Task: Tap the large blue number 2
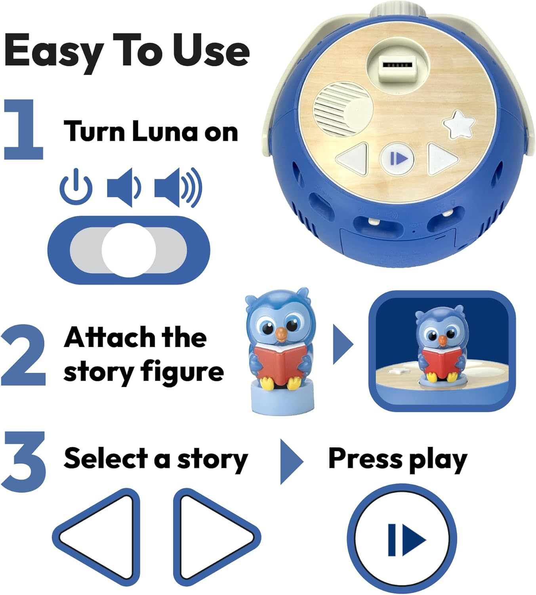pos(24,355)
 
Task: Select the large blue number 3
pos(24,462)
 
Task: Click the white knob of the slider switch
pos(128,250)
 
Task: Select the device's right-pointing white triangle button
pos(442,159)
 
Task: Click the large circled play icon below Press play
pos(402,539)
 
